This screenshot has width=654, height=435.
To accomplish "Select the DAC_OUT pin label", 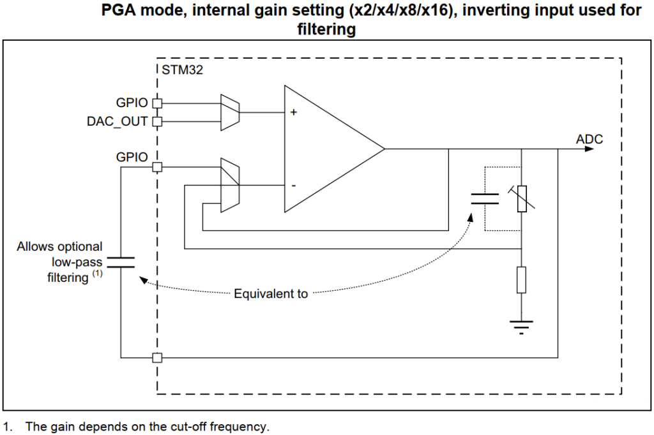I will [118, 121].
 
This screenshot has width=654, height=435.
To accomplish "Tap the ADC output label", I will [589, 139].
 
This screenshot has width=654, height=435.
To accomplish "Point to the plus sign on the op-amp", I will [294, 112].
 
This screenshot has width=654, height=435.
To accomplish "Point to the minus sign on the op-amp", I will [293, 186].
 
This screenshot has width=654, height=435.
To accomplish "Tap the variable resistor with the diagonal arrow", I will [522, 198].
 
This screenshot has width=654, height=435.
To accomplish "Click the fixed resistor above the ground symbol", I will [522, 280].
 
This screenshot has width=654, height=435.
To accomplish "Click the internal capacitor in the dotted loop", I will [485, 198].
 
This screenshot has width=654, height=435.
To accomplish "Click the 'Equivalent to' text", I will [271, 294].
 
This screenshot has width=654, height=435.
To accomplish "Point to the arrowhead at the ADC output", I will [598, 149].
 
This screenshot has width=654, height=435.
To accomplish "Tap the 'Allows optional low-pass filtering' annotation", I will [59, 262].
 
